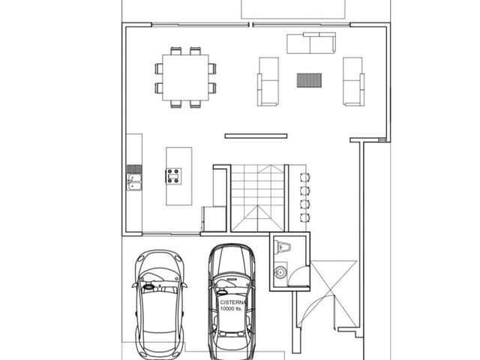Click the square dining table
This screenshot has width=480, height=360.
click(185, 77)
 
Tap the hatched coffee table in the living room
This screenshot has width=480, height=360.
click(309, 80)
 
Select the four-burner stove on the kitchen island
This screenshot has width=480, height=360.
click(173, 176)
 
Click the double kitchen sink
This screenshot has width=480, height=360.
click(134, 181)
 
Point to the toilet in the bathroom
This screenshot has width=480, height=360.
click(282, 247)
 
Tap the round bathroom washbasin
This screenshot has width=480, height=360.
click(280, 271)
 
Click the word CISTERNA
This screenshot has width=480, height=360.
click(233, 302)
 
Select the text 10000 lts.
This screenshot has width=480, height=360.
click(231, 308)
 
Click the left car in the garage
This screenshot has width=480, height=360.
click(160, 305)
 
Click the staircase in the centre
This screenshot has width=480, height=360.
click(258, 198)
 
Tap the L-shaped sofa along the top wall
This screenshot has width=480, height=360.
click(311, 43)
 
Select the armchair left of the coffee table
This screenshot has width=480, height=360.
click(268, 82)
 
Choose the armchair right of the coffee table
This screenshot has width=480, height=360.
click(353, 82)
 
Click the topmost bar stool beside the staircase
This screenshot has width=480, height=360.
click(305, 177)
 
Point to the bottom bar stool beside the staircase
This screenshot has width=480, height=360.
click(305, 218)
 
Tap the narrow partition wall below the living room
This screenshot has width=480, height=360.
click(256, 136)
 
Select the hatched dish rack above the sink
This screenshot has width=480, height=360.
click(134, 169)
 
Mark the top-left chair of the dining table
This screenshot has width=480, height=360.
click(176, 51)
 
